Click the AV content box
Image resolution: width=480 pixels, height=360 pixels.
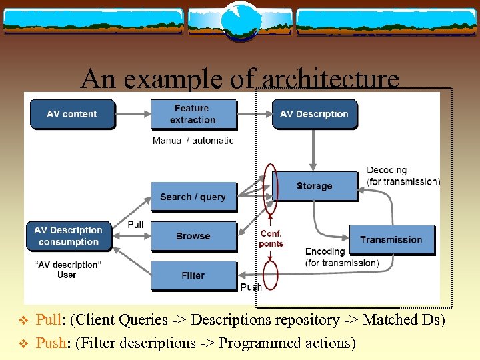pyautogui.click(x=72, y=114)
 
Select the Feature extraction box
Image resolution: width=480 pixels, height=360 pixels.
pyautogui.click(x=193, y=114)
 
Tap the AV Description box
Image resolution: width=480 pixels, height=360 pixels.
pyautogui.click(x=314, y=114)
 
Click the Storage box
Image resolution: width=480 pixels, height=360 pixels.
pyautogui.click(x=314, y=186)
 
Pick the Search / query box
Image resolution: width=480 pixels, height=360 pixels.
pyautogui.click(x=193, y=197)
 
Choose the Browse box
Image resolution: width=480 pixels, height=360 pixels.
pyautogui.click(x=193, y=236)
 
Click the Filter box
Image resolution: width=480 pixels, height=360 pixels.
pyautogui.click(x=193, y=275)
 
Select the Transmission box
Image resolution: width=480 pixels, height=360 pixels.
pyautogui.click(x=391, y=239)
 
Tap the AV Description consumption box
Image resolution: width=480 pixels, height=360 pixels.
pyautogui.click(x=69, y=236)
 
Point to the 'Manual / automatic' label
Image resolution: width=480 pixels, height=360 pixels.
pyautogui.click(x=193, y=141)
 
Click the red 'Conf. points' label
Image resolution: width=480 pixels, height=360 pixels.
pyautogui.click(x=271, y=239)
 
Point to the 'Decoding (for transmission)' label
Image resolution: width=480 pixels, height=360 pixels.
pyautogui.click(x=403, y=176)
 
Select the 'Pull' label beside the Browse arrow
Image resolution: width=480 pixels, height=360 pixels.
pyautogui.click(x=135, y=225)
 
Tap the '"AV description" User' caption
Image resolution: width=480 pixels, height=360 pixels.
pyautogui.click(x=67, y=270)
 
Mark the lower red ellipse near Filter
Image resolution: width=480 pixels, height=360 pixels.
pyautogui.click(x=270, y=275)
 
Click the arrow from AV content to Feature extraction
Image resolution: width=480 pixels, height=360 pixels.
pyautogui.click(x=133, y=114)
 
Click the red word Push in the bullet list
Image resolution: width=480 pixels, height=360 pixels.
pyautogui.click(x=49, y=343)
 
